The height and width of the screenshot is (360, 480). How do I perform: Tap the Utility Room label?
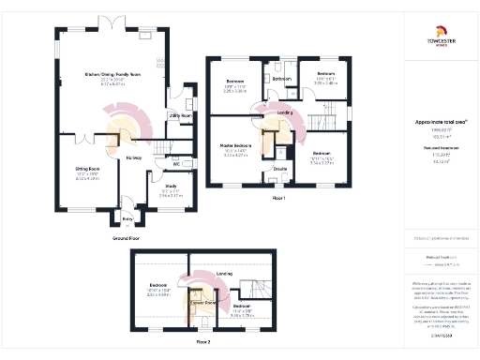[x=180, y=115]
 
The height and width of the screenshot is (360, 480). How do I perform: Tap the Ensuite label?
[x=279, y=168]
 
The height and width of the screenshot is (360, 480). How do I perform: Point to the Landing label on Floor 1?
[x=285, y=112]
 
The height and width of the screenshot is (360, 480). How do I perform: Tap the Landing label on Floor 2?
[x=223, y=274]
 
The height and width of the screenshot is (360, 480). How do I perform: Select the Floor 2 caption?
[x=203, y=343]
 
